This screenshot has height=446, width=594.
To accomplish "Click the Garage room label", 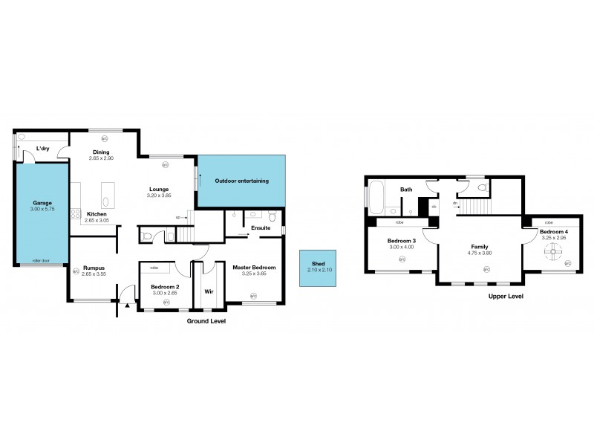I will point(42,203).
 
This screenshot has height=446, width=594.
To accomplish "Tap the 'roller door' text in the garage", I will point(42,261).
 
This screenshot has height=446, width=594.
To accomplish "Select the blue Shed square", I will point(317,268).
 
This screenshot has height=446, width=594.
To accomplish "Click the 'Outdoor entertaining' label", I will point(241,181).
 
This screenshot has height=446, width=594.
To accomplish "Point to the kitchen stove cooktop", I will point(76,214).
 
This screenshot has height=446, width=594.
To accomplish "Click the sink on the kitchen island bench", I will point(105,201).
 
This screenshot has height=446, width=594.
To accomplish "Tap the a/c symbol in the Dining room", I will point(105,137).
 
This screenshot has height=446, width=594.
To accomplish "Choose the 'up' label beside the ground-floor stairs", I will point(177,217).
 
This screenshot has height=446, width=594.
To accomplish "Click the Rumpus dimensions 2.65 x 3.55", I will point(93,274).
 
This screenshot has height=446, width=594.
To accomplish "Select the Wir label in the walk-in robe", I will point(209,281).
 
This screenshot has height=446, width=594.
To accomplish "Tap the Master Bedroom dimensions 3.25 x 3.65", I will point(253,274).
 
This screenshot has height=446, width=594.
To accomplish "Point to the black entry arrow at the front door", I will point(127,304).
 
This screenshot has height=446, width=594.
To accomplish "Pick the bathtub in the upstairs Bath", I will point(373,198).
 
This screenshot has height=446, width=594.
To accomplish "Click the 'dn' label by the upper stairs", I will point(454,202).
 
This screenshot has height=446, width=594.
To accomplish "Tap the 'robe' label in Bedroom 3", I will point(399,222).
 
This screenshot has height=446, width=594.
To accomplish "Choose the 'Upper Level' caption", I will point(506,296).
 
